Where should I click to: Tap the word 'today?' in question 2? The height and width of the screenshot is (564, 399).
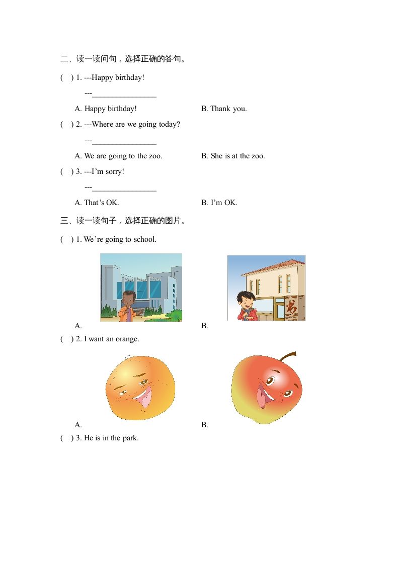pyautogui.click(x=170, y=124)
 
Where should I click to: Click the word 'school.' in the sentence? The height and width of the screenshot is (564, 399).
pyautogui.click(x=145, y=239)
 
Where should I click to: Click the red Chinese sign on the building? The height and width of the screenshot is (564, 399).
pyautogui.click(x=291, y=306)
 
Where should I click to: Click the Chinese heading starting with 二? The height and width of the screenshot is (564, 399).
pyautogui.click(x=123, y=59)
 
